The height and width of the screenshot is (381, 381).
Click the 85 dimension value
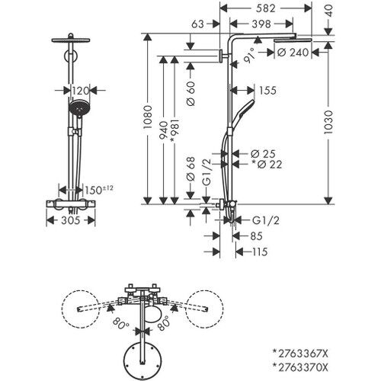point(258,236)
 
